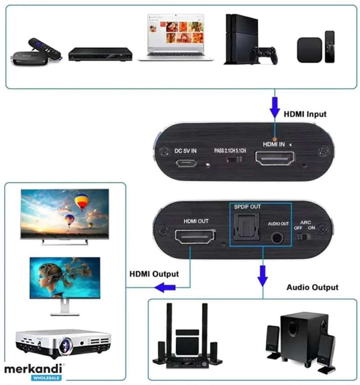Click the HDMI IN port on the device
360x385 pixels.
pyautogui.click(x=275, y=158)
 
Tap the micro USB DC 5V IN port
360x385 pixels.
pyautogui.click(x=186, y=163)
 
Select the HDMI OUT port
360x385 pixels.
pyautogui.click(x=195, y=236)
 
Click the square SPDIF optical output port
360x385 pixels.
pyautogui.click(x=246, y=226)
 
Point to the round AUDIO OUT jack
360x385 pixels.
pyautogui.click(x=277, y=237)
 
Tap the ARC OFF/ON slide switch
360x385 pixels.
pyautogui.click(x=304, y=237)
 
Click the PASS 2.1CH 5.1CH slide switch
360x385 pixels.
pyautogui.click(x=234, y=159)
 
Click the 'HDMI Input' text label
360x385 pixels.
pyautogui.click(x=305, y=114)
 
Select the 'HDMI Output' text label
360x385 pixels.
pyautogui.click(x=154, y=274)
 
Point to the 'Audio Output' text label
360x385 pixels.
pyautogui.click(x=312, y=287)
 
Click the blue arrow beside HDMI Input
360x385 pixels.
pyautogui.click(x=274, y=107)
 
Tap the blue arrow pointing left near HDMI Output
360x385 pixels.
pyautogui.click(x=165, y=287)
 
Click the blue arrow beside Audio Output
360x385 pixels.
pyautogui.click(x=262, y=276)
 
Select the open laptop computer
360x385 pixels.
pyautogui.click(x=175, y=37)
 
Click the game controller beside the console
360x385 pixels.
pyautogui.click(x=265, y=55)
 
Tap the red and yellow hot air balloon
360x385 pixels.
pyautogui.click(x=82, y=202)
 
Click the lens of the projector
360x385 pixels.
pyautogui.click(x=65, y=346)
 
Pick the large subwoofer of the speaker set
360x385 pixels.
pyautogui.click(x=304, y=336)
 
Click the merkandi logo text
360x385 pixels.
pyautogui.click(x=33, y=369)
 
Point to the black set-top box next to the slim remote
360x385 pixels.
pyautogui.click(x=310, y=50)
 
